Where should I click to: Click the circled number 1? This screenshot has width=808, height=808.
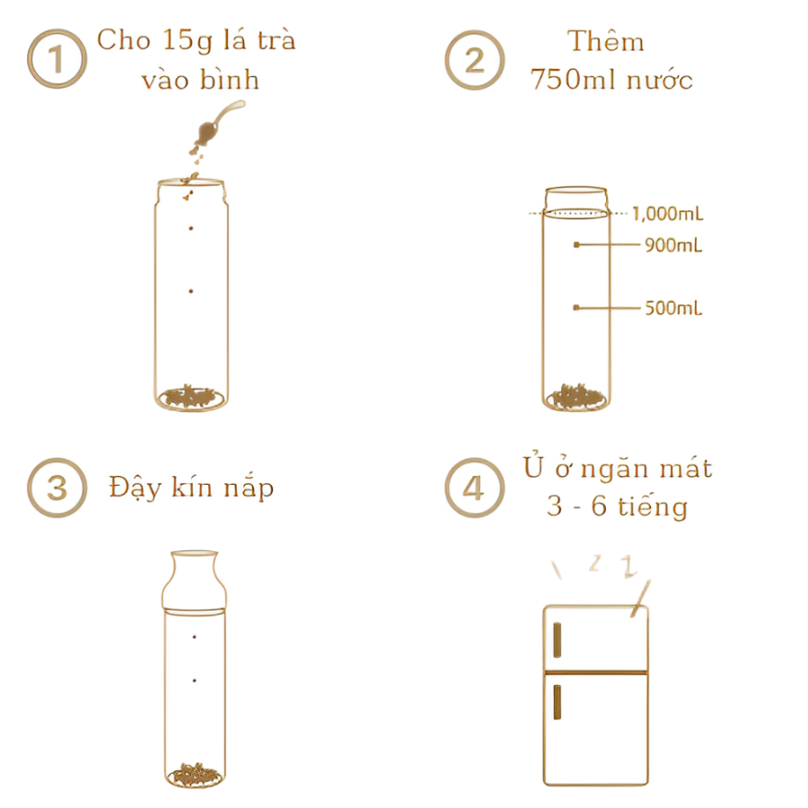coord(57,58)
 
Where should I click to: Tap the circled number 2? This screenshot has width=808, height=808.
coord(475,60)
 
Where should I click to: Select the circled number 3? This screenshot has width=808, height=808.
coord(57,487)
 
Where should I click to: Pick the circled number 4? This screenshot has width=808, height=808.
coord(475,487)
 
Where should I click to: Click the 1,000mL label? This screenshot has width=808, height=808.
coord(667,214)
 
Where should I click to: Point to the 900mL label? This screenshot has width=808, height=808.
coord(673,245)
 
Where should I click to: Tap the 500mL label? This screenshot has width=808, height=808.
coord(673,308)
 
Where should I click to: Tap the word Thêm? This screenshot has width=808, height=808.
coord(606,41)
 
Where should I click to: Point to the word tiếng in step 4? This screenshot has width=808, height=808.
coord(653,506)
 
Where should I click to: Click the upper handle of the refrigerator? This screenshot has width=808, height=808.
coord(557,640)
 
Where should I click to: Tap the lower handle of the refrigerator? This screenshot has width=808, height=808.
coord(557,702)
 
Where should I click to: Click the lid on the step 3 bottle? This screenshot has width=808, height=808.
coord(194,581)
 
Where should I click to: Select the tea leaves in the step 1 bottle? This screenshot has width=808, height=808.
coord(191,398)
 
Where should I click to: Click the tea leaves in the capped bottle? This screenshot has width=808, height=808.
coord(195,775)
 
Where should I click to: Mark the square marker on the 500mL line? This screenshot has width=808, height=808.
coord(576,308)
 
